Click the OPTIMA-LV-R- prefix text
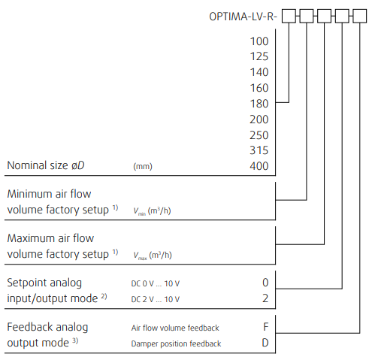pyautogui.click(x=243, y=17)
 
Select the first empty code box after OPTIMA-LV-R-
pyautogui.click(x=289, y=16)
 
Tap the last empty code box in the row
pyautogui.click(x=360, y=16)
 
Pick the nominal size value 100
pyautogui.click(x=259, y=41)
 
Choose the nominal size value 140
pyautogui.click(x=259, y=72)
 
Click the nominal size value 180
pyautogui.click(x=259, y=104)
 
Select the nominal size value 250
pyautogui.click(x=259, y=135)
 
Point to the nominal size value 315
pyautogui.click(x=259, y=150)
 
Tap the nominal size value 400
pyautogui.click(x=259, y=166)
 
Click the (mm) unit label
pyautogui.click(x=143, y=166)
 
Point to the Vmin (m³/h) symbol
pyautogui.click(x=152, y=211)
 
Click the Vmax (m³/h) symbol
pyautogui.click(x=153, y=256)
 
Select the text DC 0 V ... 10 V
pyautogui.click(x=156, y=283)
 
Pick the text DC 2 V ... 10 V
pyautogui.click(x=156, y=299)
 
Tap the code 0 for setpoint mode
pyautogui.click(x=265, y=283)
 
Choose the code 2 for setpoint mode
pyautogui.click(x=265, y=298)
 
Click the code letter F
pyautogui.click(x=266, y=327)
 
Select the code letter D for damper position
pyautogui.click(x=265, y=343)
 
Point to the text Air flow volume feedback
pyautogui.click(x=175, y=328)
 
